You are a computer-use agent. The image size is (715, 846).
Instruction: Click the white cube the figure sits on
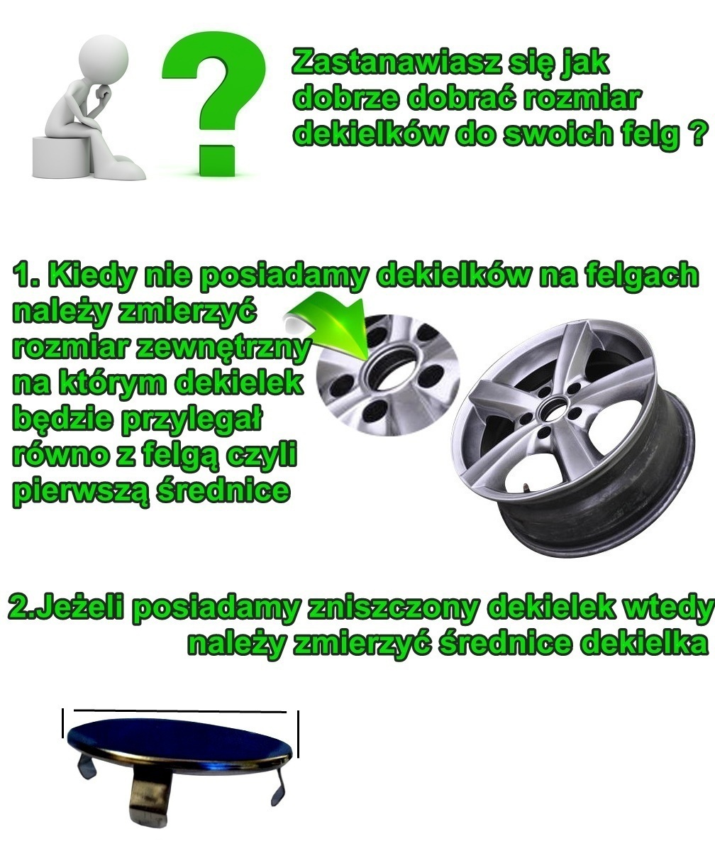click(x=60, y=156)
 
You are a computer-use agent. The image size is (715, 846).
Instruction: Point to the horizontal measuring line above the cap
click(x=180, y=712)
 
